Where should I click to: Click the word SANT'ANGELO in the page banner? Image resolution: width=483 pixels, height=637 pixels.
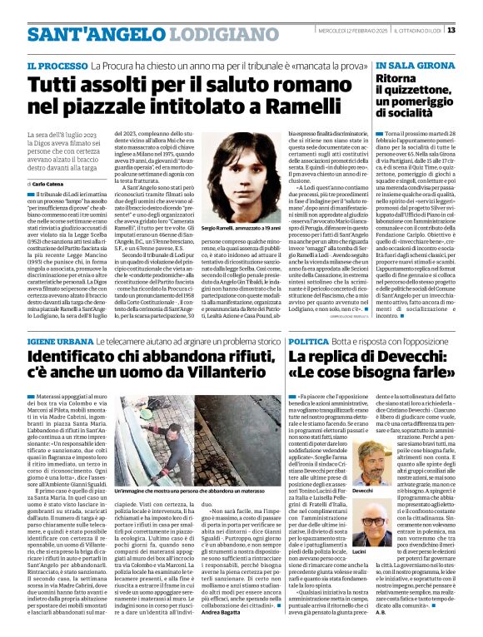pyautogui.click(x=80, y=34)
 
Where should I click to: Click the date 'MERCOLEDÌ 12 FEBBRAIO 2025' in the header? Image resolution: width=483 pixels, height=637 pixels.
pyautogui.click(x=343, y=32)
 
